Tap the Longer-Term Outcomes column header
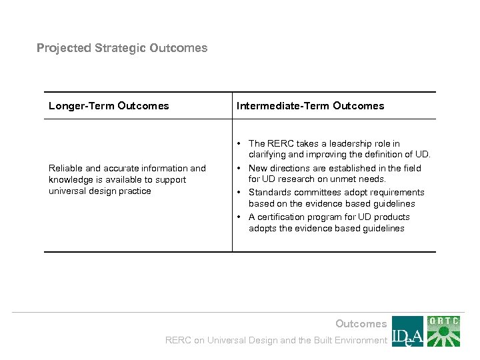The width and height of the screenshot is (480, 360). click(109, 105)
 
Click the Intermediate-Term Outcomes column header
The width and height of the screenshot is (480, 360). click(310, 105)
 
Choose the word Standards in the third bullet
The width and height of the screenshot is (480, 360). click(269, 192)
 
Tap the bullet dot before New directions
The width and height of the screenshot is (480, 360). click(239, 168)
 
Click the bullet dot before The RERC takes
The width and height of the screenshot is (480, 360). click(239, 143)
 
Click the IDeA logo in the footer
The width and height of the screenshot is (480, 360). click(407, 331)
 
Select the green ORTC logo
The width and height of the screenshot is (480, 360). click(444, 331)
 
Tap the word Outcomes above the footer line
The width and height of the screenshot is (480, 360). click(361, 324)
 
